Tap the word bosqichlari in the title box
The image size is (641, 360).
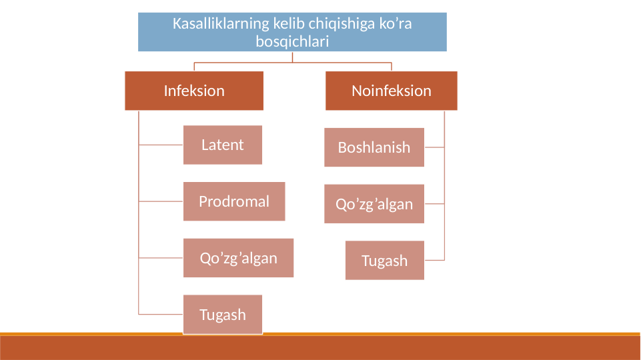coord(292,41)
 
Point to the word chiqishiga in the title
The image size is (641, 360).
coord(324,24)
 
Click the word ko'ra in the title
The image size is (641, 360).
coord(396,24)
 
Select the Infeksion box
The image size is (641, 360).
coord(194,91)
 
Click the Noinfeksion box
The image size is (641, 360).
coord(392,91)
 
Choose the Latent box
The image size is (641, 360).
coord(223,145)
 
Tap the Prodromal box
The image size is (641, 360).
coord(234,201)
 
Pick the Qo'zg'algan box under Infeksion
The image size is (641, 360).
coord(238,258)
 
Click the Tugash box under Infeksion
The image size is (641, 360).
coord(223,314)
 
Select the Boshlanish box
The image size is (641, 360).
coord(374,147)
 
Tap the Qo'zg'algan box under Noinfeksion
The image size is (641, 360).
coord(374,204)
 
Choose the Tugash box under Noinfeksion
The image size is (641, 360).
coord(385,260)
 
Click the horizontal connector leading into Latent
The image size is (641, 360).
coord(161,144)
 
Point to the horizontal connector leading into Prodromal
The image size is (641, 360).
coord(161,201)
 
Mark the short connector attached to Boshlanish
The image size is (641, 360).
coord(434,147)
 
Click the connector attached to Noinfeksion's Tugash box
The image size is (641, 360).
coord(434,259)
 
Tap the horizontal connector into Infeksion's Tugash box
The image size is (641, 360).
coord(161,313)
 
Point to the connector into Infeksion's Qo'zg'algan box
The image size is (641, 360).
coord(161,257)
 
